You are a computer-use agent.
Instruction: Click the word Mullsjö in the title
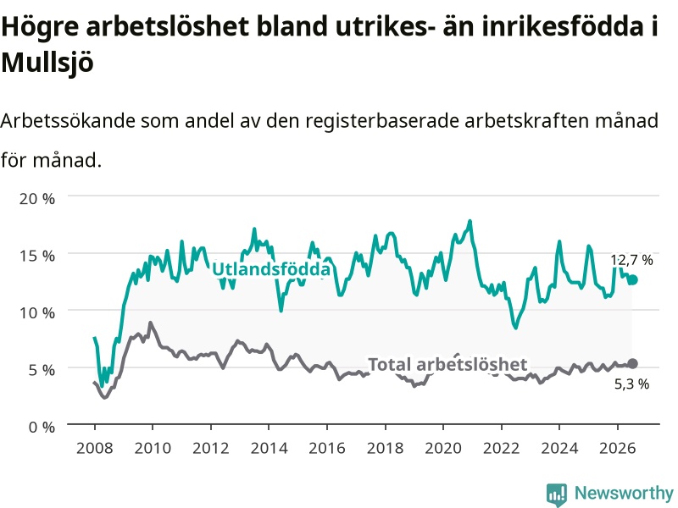47,63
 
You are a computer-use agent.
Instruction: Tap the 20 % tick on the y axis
37,199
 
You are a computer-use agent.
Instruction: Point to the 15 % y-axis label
37,256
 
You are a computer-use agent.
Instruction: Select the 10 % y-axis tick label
37,312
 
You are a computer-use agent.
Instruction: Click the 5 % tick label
42,370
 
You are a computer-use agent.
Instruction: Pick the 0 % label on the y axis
42,428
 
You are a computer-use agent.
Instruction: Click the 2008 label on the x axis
95,448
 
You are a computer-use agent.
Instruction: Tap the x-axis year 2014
269,448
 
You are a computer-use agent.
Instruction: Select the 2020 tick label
443,448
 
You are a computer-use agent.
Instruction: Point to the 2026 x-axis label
618,448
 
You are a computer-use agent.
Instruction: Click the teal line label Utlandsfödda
271,269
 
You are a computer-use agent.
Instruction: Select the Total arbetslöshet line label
447,365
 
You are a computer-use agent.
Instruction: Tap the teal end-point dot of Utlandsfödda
632,280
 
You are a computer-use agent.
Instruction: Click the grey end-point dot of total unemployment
632,364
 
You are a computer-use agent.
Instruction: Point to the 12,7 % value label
631,260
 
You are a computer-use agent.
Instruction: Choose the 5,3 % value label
631,384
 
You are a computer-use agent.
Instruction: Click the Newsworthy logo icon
557,494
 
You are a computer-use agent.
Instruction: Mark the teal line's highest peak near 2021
470,222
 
